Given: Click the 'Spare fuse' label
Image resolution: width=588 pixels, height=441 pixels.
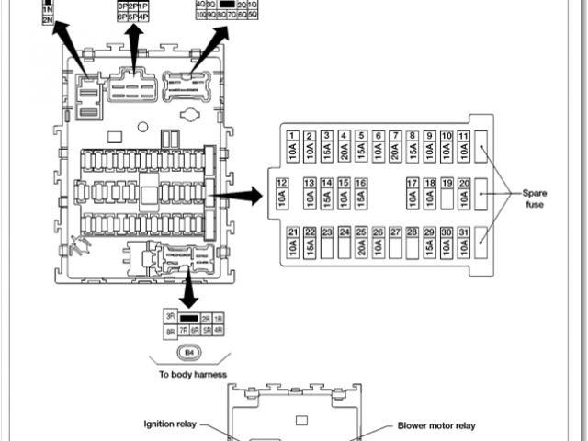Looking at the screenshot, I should (534, 198).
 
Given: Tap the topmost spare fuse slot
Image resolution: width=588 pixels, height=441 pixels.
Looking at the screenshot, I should (483, 148).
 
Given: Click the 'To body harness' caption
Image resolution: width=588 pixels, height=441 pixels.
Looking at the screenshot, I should (192, 374).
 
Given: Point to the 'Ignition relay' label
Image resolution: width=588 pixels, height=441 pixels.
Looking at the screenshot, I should (172, 424).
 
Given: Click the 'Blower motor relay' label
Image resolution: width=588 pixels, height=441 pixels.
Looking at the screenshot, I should (436, 425).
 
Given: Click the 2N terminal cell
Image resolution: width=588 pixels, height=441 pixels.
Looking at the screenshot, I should (48, 19).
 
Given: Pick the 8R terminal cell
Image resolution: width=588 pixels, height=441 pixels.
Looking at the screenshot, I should (170, 329).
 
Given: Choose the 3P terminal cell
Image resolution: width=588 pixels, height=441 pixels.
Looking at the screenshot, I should (122, 6).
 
